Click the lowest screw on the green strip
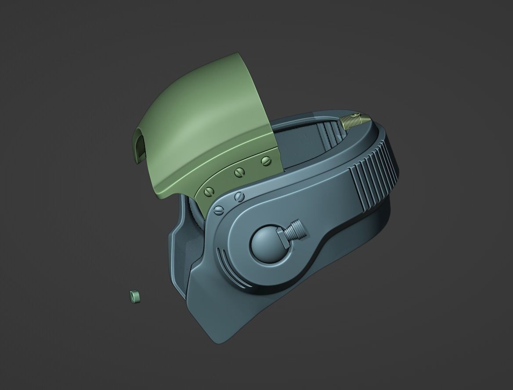tap(210, 191)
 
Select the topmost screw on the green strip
tap(265, 161)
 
